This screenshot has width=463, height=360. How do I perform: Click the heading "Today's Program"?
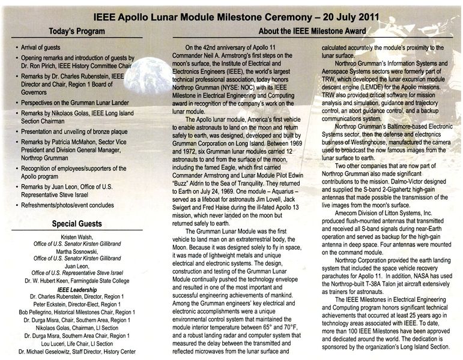[76, 31]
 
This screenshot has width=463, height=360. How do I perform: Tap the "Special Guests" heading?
[76, 224]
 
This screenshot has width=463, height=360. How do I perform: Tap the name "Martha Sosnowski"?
[76, 252]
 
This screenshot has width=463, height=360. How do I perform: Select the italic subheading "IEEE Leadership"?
[76, 289]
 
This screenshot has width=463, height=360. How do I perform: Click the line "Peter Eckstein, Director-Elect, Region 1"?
[76, 305]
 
